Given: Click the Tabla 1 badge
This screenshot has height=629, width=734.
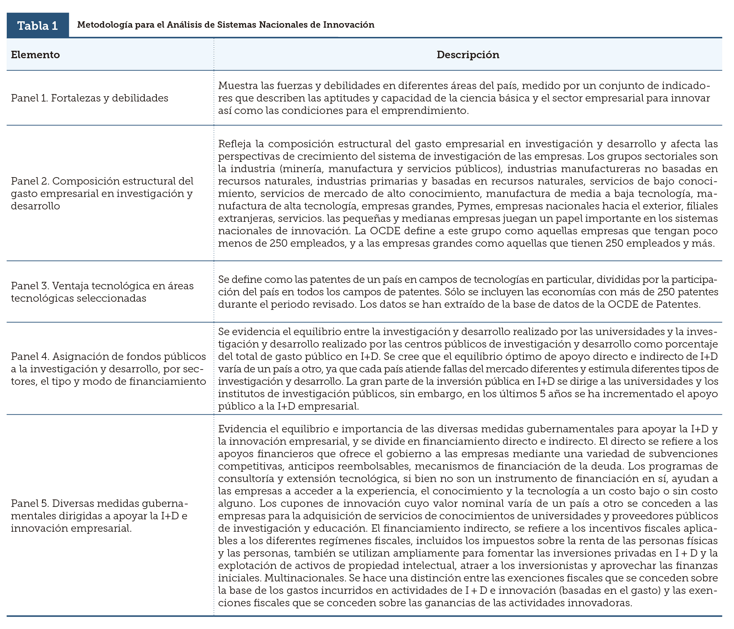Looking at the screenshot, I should (x=38, y=26).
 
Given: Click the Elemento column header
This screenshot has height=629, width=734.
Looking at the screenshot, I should (x=35, y=55).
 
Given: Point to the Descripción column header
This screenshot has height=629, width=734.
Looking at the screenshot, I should (x=467, y=55).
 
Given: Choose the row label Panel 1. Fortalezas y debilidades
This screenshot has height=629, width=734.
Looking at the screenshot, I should (x=89, y=98).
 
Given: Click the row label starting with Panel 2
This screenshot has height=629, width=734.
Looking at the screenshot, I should (x=102, y=193).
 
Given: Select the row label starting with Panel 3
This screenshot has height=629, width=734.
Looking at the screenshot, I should (x=102, y=292).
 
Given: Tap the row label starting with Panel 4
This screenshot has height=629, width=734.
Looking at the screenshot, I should (x=108, y=369).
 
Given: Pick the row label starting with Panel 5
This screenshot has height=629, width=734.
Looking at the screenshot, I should (x=99, y=516).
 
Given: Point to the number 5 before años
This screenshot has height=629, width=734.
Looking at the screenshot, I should (x=542, y=394).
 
